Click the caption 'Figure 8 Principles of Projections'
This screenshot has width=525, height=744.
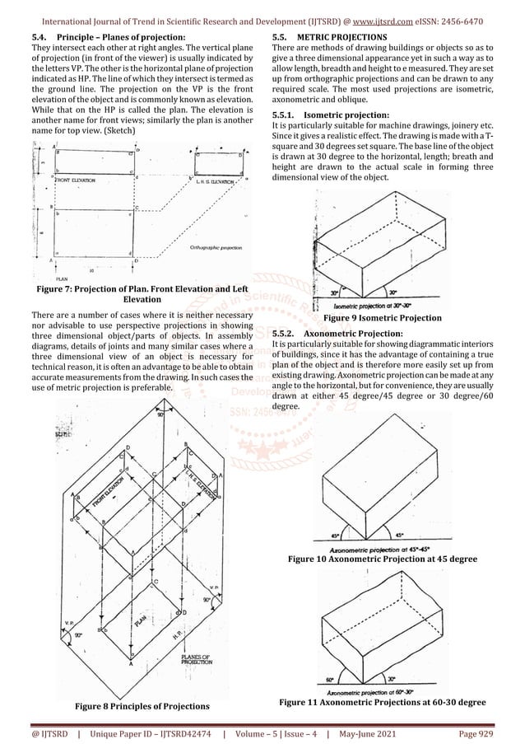tap(131, 706)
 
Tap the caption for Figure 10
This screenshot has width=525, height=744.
tap(383, 559)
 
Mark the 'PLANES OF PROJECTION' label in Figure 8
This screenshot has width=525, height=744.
tap(197, 657)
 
